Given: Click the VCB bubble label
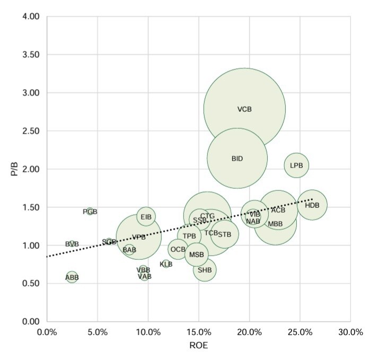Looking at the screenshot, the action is click(244, 109).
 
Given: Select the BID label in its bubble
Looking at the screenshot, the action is click(237, 159).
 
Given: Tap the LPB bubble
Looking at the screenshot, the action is click(296, 165).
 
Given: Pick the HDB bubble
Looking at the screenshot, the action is click(312, 205).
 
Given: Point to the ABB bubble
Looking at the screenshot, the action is click(72, 277).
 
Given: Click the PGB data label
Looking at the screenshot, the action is click(90, 212).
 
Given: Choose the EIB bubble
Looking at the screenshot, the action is click(146, 216).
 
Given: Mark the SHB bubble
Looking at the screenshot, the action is click(205, 270).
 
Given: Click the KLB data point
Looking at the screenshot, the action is click(166, 264).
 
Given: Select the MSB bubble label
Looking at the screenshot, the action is click(197, 254).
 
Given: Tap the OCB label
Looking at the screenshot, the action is click(178, 249).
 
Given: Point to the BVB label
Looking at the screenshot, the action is click(72, 244).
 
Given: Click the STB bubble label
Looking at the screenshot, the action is click(225, 234).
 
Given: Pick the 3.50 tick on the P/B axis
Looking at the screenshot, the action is click(31, 55).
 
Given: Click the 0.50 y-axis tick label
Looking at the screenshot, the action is click(31, 284).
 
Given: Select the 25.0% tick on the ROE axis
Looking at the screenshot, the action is click(300, 332).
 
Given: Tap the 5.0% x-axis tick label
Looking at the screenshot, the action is click(98, 332).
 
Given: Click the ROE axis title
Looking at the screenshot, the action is click(199, 345).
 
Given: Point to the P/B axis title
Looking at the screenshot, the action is click(14, 169).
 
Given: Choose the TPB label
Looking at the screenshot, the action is click(189, 236).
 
